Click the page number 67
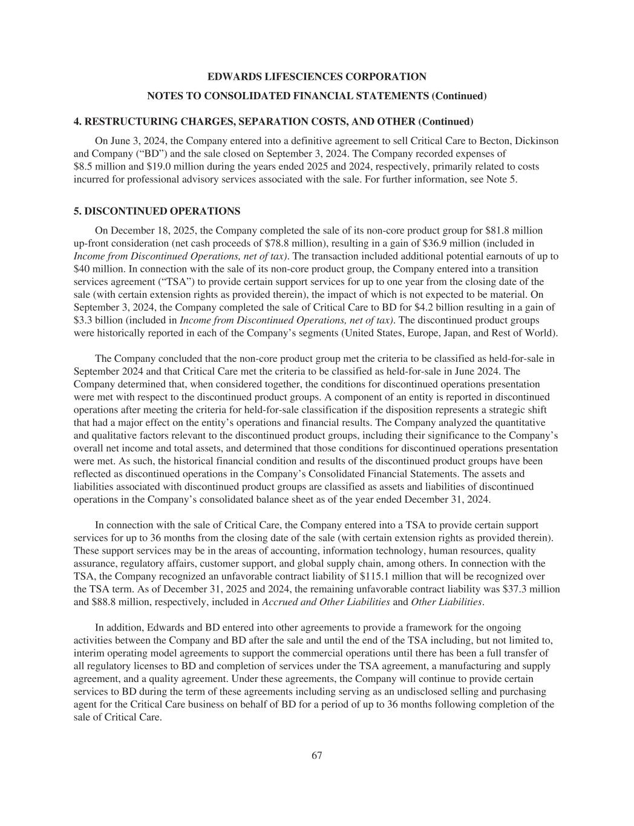click(x=316, y=755)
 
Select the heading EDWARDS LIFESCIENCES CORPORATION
click(x=316, y=77)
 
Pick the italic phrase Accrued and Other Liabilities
click(x=325, y=601)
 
